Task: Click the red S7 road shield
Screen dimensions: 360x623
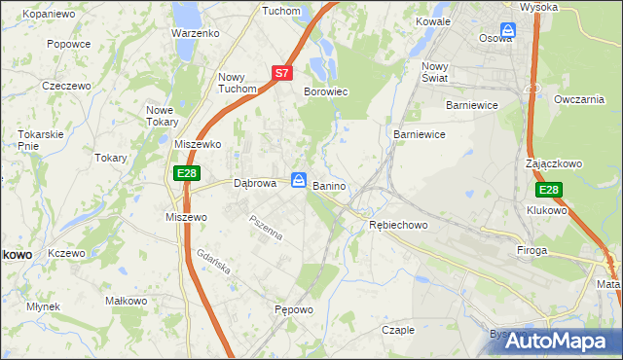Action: tap(281, 72)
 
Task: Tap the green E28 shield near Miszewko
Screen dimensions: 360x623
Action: tap(188, 173)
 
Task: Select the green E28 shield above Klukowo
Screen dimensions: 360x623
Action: tap(548, 191)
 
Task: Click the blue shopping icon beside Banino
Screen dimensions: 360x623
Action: tap(299, 180)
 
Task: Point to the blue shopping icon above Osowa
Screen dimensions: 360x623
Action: tap(507, 29)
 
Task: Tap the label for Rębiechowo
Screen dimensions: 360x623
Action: tap(398, 225)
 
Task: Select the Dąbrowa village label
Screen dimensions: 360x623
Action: tap(257, 182)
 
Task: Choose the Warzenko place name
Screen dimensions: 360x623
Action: tap(195, 32)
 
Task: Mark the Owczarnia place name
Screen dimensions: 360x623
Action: tap(578, 99)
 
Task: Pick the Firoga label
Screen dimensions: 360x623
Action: tap(532, 250)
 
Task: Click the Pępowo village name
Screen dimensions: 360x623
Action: tap(293, 310)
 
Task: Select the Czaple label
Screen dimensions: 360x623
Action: tap(398, 330)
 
